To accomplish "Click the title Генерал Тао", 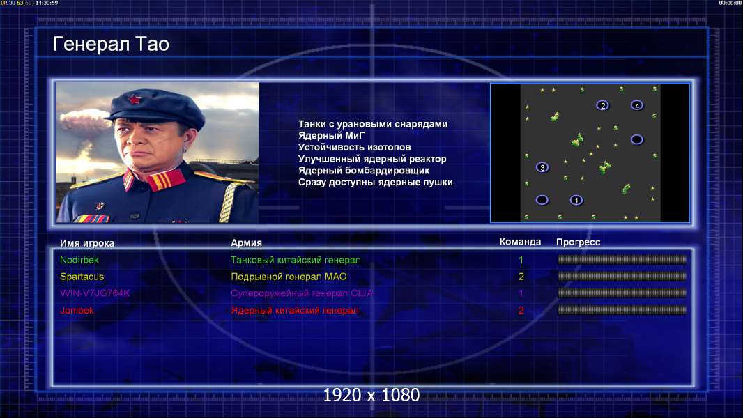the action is [111, 45].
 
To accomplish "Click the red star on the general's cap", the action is [134, 99].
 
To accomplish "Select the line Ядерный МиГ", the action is [331, 136].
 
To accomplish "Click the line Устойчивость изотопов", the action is [355, 147].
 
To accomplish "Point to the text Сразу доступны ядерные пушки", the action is [375, 183].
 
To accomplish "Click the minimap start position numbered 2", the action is [602, 106].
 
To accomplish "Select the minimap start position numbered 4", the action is [637, 106].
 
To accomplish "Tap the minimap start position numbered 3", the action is [542, 167].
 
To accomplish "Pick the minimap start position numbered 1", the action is [576, 200].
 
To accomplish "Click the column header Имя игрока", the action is [87, 243].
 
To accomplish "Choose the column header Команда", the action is [520, 242].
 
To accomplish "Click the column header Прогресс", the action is [578, 242].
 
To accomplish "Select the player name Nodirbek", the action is [79, 260].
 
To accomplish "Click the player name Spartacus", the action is [82, 277].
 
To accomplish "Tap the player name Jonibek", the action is [77, 311].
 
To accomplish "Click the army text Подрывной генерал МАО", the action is [289, 277].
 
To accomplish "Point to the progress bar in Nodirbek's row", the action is [622, 259].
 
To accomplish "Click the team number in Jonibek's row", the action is [521, 311].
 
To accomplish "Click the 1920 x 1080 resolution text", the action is [371, 395].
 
